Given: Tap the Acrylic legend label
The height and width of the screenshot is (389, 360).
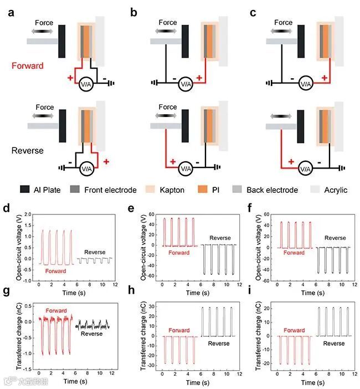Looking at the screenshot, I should coord(335,190).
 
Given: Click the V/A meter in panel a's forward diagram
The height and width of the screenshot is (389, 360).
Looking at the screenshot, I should coord(86,84).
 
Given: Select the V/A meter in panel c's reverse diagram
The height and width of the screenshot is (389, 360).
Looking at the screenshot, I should coord(305,164).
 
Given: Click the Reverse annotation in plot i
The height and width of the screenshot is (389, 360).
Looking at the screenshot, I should coord(333,343).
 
